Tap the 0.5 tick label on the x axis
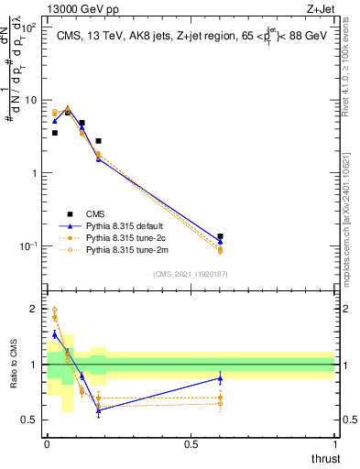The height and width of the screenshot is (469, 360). click(191, 444)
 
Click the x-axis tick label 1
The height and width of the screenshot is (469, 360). click(334, 444)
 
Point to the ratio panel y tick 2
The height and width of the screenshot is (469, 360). click(35, 310)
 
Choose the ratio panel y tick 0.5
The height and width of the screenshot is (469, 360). click(30, 420)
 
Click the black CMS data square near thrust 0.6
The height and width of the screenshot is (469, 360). click(220, 236)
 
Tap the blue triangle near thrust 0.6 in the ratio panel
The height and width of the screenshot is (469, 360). click(220, 378)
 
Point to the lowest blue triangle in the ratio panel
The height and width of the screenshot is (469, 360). click(98, 409)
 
